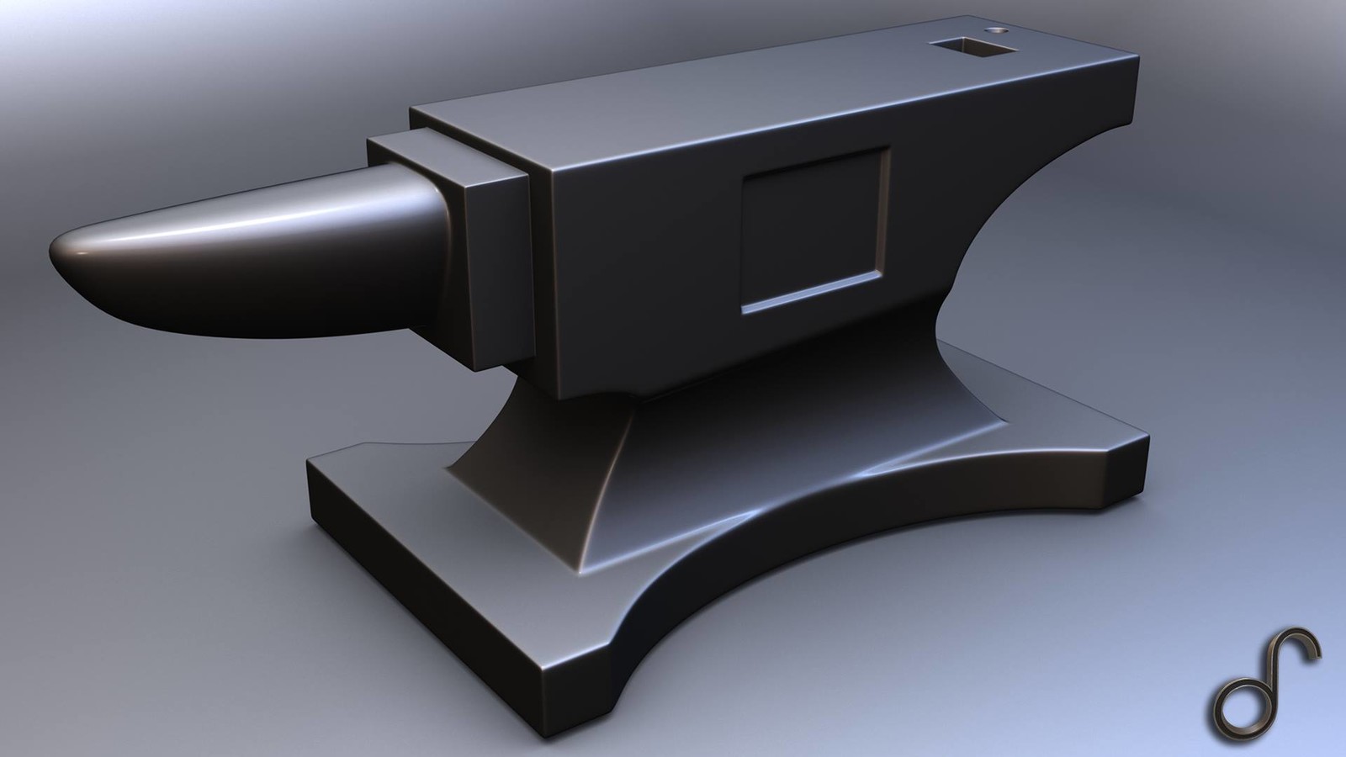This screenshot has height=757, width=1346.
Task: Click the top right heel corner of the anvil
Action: coord(1137,57)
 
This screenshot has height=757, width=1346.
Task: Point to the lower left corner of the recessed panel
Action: coord(744,310)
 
